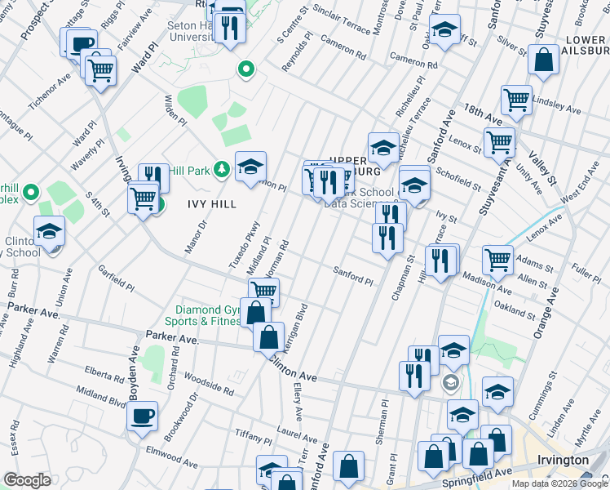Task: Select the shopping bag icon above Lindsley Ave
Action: coord(542,60)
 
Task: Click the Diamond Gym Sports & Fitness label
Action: coord(208,316)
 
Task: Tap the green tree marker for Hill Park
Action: coord(220,169)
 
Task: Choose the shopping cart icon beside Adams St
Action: coord(497,261)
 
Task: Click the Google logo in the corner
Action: coord(27,480)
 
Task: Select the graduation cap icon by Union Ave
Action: coord(50,231)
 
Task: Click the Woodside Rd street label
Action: coord(209,384)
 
